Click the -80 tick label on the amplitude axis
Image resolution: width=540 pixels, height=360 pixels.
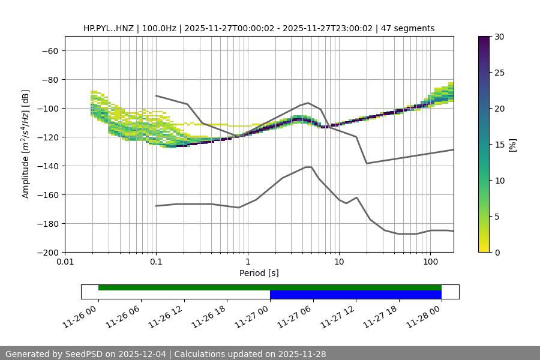pos(49,79)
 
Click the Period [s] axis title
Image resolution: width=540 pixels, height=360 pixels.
pos(259,274)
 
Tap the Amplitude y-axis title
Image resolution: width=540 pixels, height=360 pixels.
pos(26,144)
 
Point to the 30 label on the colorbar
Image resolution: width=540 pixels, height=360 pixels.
pos(499,37)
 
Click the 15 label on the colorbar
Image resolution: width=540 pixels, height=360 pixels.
pos(499,144)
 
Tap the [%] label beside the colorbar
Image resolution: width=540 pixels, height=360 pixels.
pos(512,144)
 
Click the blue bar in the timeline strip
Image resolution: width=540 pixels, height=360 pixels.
pos(356,295)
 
